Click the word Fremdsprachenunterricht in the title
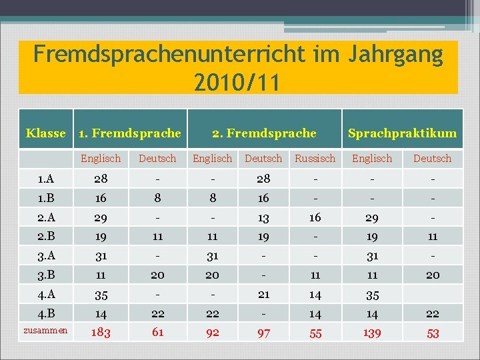tap(169, 55)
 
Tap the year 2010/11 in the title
tap(237, 83)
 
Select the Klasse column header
tap(46, 133)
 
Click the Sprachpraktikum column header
tap(402, 133)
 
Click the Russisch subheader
tap(315, 159)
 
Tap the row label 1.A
tap(46, 179)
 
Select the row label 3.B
tap(46, 275)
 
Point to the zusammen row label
tap(45, 330)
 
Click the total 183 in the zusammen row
tap(101, 333)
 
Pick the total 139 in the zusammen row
tap(372, 333)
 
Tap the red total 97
tap(263, 333)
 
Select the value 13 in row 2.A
tap(263, 218)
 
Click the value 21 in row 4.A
tap(263, 295)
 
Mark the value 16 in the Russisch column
tap(315, 217)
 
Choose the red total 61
tap(157, 332)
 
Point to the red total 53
tap(433, 333)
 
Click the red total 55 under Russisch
tap(315, 333)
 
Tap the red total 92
tap(213, 333)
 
